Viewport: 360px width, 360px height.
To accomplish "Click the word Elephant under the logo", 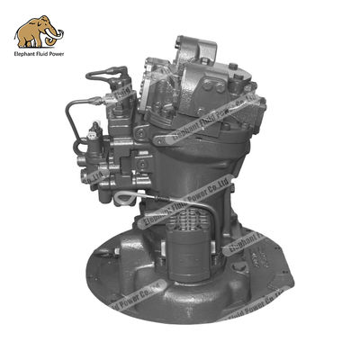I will coord(29,56).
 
